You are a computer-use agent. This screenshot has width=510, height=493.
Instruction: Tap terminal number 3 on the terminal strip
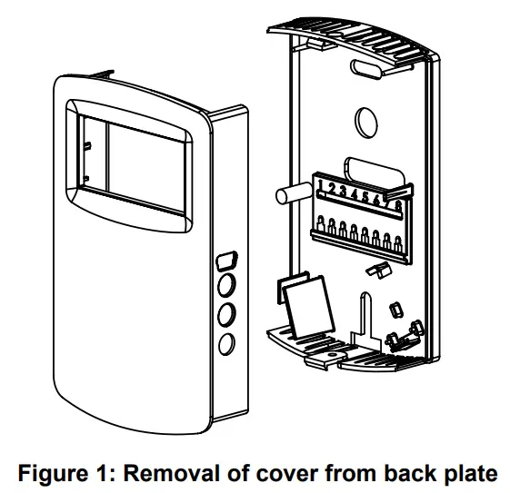(345, 192)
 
